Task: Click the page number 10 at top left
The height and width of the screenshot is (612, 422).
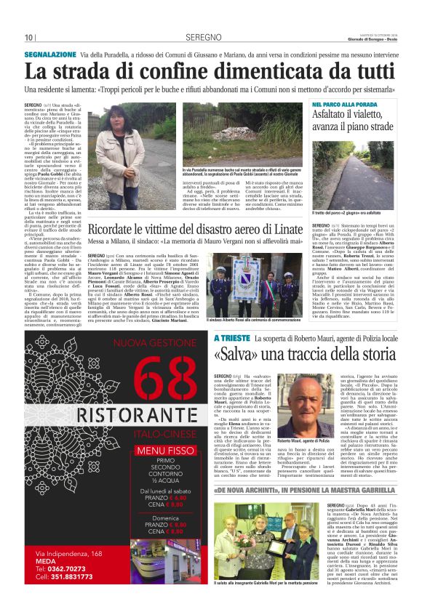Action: point(30,38)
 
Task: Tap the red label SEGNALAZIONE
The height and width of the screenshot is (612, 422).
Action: point(49,55)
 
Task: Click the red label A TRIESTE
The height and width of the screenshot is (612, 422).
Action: point(231,339)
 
